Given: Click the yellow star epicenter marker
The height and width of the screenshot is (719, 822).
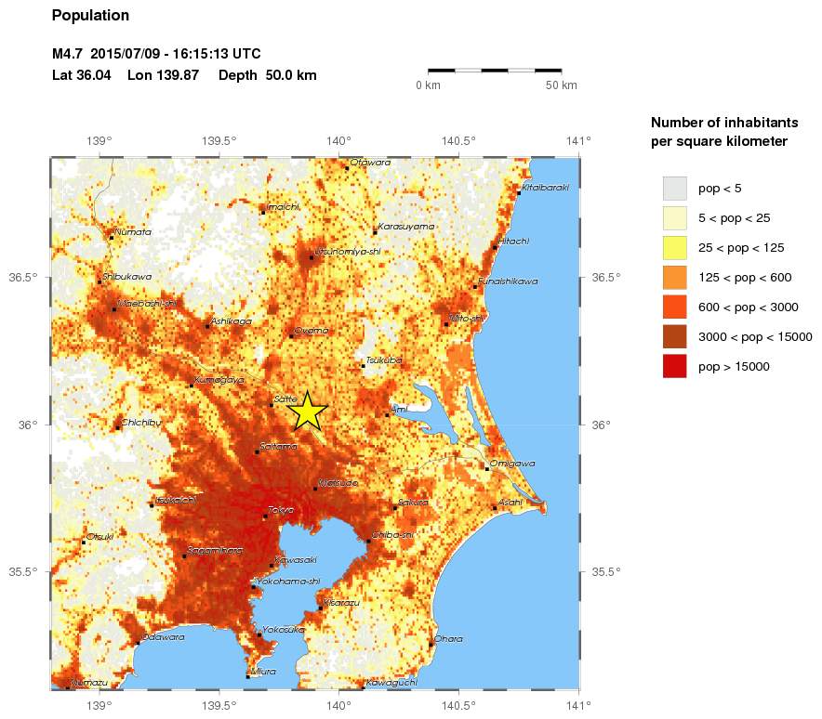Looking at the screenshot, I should click(308, 412).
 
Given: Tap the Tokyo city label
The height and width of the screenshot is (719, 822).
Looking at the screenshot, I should click(280, 510).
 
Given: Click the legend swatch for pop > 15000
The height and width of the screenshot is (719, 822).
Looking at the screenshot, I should click(674, 366).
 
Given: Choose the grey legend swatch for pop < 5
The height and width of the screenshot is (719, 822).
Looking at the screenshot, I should click(674, 188).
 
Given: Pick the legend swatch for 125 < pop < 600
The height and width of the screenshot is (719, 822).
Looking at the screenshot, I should click(674, 277).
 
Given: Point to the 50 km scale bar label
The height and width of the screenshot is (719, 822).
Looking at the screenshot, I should click(562, 85).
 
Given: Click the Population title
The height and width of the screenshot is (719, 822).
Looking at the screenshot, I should click(90, 16).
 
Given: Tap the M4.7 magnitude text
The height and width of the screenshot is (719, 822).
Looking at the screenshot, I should click(69, 54).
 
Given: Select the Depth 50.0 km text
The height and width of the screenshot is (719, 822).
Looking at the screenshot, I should click(268, 74).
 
